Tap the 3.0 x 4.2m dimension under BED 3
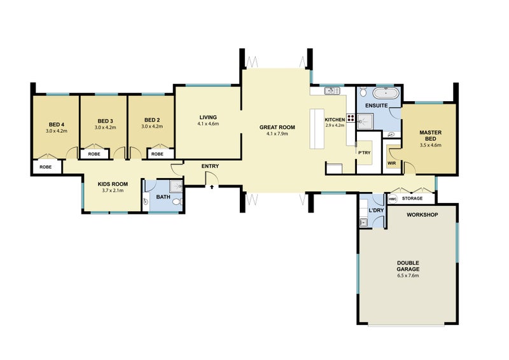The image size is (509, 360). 105,128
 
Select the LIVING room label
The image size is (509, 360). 208,117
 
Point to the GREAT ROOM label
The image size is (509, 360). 277,127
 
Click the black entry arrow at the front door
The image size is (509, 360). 212,186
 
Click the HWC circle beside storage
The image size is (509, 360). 393,198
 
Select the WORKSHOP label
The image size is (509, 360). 422,215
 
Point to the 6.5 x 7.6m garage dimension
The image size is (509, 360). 408,275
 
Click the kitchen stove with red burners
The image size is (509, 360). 351,118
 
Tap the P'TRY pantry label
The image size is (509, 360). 364,153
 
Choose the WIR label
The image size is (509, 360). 392,163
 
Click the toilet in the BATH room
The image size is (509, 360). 178,202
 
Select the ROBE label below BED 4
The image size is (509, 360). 45,167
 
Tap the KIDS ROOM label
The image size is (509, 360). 113,184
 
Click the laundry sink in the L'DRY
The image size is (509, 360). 363,223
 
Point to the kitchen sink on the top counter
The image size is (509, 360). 331,90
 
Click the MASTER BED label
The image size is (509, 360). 431,135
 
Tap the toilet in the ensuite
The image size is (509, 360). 363,92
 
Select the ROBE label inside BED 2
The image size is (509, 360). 157,154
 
